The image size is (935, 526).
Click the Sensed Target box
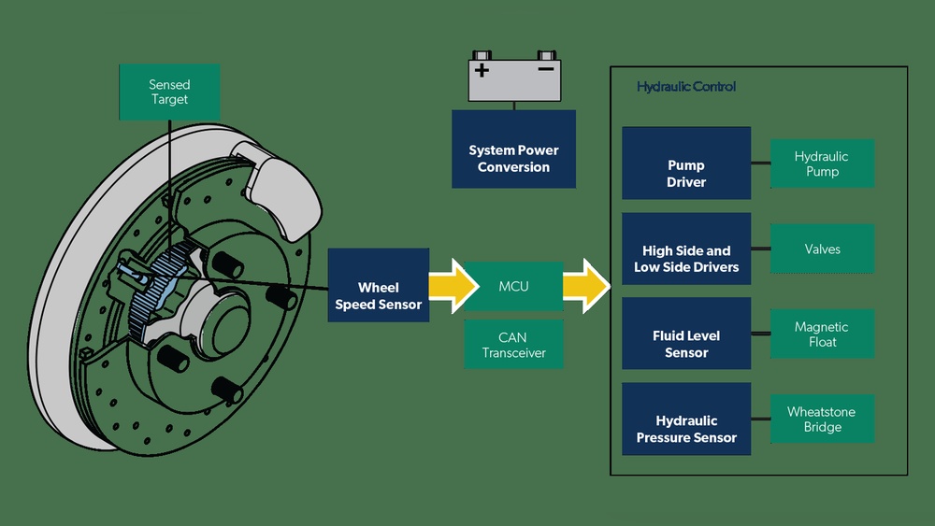[x=169, y=92]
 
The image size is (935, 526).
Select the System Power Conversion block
[x=513, y=159]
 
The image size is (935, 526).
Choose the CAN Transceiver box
[x=513, y=345]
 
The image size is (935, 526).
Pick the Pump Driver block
[x=686, y=174]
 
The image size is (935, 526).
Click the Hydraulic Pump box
[x=822, y=164]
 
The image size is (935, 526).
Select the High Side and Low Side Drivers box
[x=686, y=259]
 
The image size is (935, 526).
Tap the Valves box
[x=822, y=249]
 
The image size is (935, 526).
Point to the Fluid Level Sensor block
[x=686, y=344]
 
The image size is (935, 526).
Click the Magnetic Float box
[x=822, y=334]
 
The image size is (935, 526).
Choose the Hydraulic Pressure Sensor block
[x=686, y=429]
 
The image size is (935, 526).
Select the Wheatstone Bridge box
[x=822, y=419]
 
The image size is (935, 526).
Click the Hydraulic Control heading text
[x=686, y=87]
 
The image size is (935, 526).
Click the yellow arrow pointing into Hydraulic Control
[x=585, y=286]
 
